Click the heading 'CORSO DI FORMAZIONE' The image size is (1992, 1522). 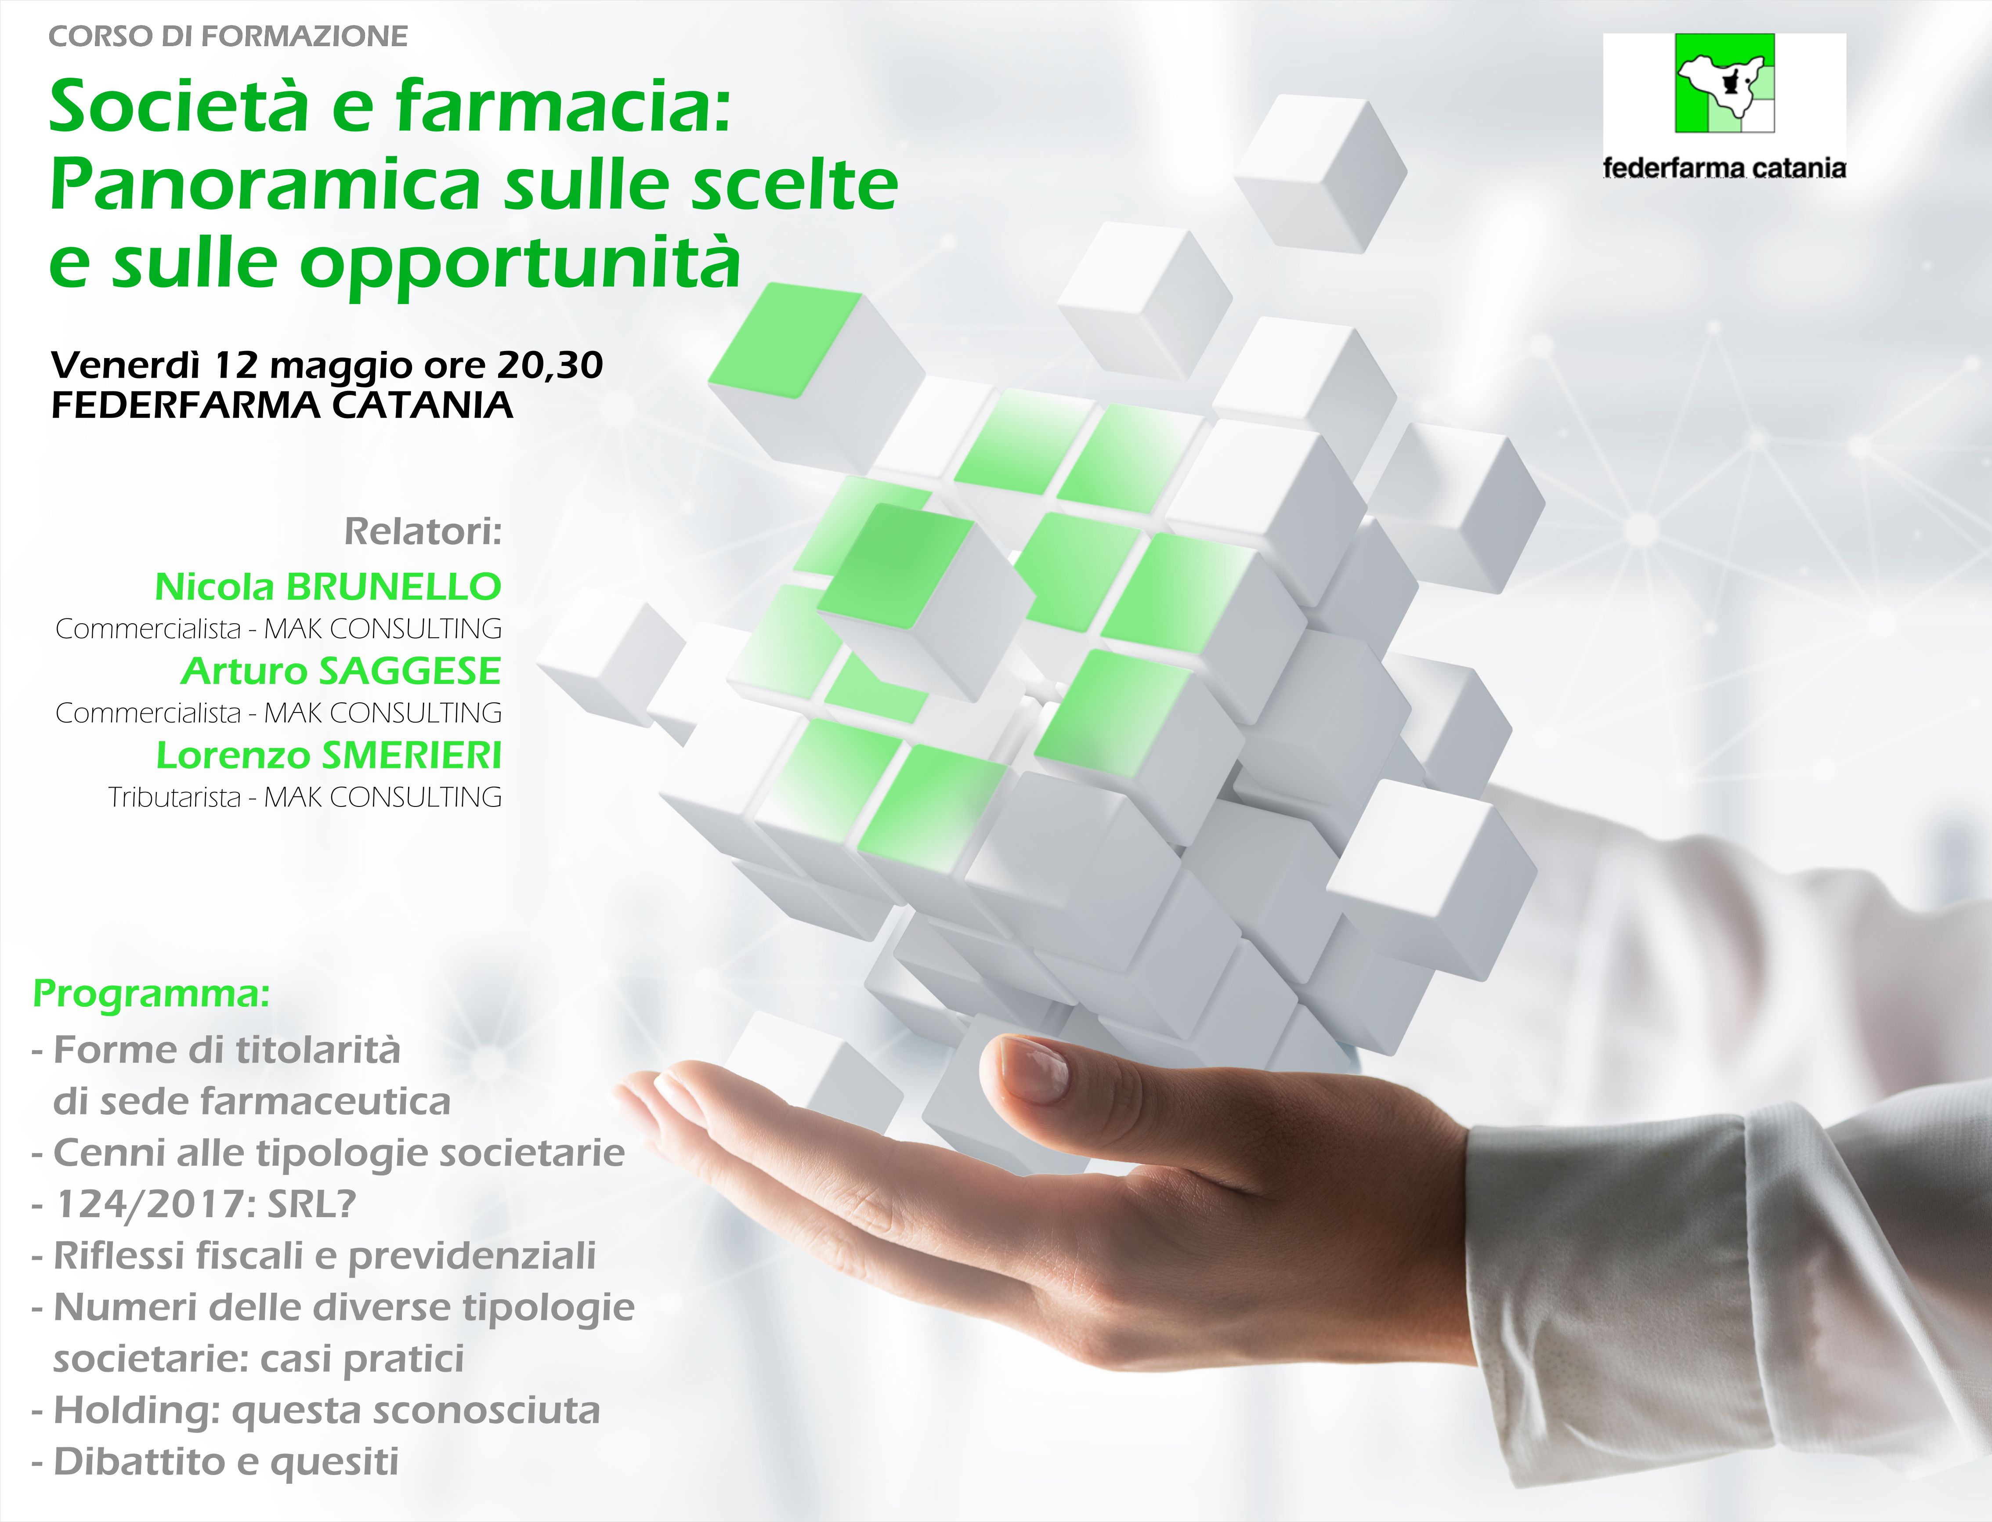click(x=228, y=36)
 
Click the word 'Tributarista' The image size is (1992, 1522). click(x=175, y=797)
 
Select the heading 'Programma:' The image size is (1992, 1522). click(x=151, y=994)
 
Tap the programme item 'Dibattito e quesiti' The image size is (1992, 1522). click(x=226, y=1461)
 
